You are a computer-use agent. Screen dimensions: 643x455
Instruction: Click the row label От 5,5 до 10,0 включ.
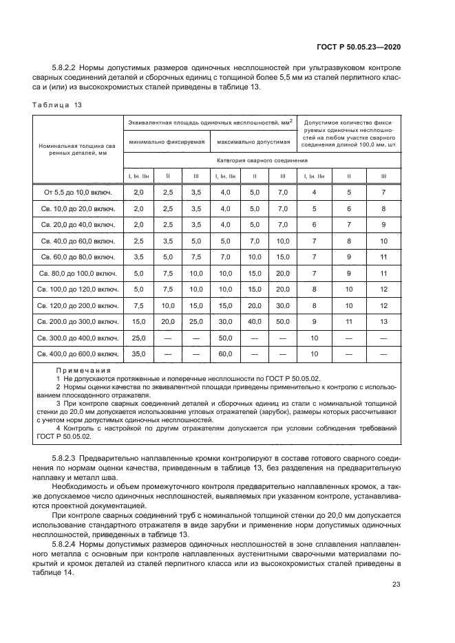78,192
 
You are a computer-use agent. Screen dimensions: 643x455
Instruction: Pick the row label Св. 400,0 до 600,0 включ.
78,354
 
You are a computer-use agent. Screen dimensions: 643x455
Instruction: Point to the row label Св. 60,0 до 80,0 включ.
78,257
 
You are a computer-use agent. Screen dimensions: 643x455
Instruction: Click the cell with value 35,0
139,354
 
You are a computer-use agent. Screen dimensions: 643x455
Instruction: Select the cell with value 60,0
225,354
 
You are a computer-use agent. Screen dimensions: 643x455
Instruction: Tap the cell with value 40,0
255,321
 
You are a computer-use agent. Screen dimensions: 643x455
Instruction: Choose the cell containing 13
383,321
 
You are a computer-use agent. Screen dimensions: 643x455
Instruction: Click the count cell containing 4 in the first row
313,192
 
